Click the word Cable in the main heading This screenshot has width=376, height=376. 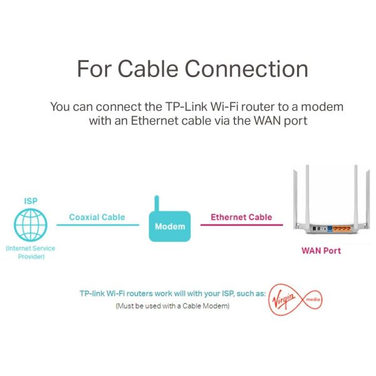click(148, 69)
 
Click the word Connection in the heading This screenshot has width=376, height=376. click(246, 69)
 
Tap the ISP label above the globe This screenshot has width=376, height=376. click(31, 201)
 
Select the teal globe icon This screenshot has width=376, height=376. click(31, 225)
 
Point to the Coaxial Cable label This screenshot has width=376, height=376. click(97, 217)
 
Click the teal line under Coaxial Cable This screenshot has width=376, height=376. click(98, 225)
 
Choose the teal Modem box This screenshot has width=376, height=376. click(170, 226)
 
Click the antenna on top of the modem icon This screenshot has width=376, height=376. click(157, 204)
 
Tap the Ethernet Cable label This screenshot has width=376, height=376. click(241, 217)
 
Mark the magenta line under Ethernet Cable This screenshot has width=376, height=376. click(242, 225)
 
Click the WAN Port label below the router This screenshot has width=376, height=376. click(321, 251)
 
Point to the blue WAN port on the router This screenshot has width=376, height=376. click(330, 228)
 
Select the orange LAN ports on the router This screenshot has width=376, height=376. click(342, 229)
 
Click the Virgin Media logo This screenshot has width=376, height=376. click(295, 300)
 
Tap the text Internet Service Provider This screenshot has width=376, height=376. click(31, 253)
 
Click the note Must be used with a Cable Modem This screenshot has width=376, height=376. click(173, 306)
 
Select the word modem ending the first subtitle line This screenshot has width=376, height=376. click(322, 107)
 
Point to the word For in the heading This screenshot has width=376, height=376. click(94, 69)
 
